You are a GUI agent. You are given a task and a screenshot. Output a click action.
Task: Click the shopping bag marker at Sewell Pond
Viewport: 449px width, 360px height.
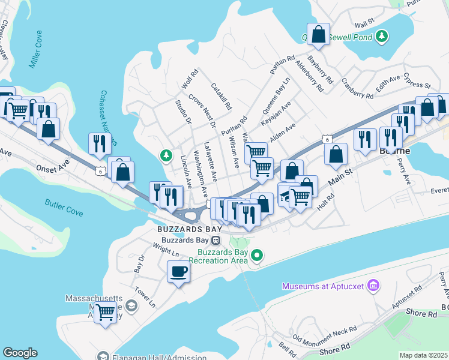318,34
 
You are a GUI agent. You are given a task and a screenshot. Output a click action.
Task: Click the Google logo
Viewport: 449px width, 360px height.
20,353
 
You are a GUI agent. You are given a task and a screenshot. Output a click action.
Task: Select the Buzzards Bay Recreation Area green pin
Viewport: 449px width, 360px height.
258,256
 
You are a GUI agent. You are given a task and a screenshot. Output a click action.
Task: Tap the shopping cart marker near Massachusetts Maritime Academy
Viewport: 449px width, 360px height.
106,311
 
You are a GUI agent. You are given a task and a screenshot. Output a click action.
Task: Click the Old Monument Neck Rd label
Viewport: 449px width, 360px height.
325,332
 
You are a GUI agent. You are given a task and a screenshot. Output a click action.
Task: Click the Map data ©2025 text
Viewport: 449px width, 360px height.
424,355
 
